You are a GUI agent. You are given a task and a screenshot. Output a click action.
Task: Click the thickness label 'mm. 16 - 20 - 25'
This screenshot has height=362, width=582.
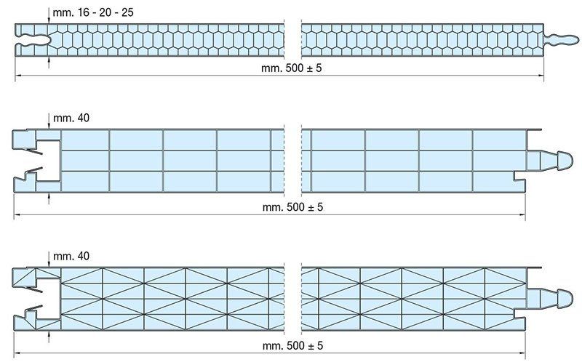[93, 12]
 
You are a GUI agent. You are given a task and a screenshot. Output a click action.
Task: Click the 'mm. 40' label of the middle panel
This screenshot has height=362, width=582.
[71, 118]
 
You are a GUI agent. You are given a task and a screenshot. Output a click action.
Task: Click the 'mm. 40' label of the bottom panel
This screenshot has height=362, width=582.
[71, 256]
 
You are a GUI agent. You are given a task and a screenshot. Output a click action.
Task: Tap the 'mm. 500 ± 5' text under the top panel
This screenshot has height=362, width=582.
[292, 68]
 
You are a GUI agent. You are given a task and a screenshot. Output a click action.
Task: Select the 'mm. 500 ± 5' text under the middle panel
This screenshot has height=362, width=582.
[292, 207]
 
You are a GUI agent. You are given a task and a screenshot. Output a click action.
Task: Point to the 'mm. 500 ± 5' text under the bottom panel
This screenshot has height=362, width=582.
[292, 346]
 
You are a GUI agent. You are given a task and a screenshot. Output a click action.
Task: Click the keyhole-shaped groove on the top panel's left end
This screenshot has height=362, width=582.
[33, 40]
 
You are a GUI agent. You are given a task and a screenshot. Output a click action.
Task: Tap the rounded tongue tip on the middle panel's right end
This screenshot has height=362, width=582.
[565, 161]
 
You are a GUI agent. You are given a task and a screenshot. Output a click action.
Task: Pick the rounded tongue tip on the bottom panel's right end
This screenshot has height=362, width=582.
[565, 299]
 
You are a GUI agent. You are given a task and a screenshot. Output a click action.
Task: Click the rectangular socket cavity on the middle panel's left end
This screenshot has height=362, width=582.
[48, 161]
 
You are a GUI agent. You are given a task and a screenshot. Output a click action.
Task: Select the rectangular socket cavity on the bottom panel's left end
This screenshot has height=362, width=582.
[48, 299]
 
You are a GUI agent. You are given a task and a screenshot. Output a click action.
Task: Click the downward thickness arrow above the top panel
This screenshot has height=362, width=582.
[49, 16]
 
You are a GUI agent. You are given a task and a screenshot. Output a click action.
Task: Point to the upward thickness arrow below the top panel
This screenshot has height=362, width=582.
[49, 62]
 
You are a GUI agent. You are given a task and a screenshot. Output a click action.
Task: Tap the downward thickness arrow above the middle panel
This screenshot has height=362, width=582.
[49, 121]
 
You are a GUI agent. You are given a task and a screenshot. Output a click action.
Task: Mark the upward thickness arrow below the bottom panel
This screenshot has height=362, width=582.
[49, 337]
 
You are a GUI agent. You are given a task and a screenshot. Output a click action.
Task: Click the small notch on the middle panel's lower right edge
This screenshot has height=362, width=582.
[519, 176]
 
